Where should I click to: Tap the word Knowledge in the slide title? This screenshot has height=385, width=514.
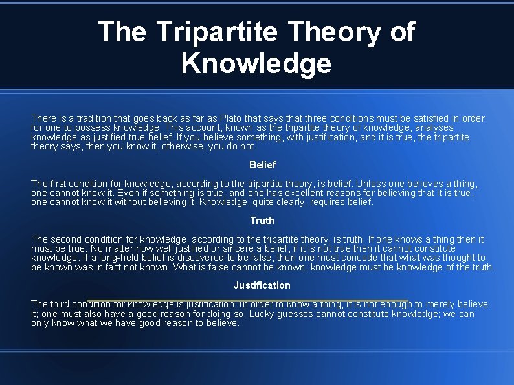click(256, 63)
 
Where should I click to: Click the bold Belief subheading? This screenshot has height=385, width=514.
click(262, 165)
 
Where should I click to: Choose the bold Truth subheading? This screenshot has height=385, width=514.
click(262, 221)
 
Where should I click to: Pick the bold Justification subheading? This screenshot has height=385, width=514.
click(262, 285)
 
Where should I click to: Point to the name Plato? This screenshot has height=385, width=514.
click(232, 118)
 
